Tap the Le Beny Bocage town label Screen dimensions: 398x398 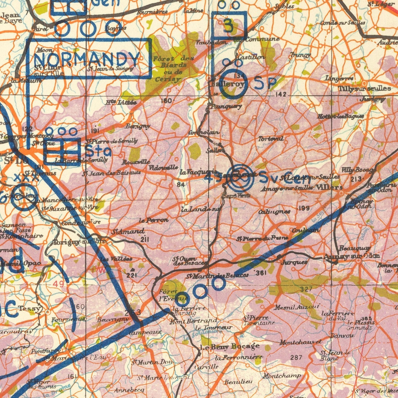click(x=230, y=346)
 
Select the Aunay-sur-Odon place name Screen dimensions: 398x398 click(x=351, y=256)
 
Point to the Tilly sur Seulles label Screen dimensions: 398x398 click(x=365, y=88)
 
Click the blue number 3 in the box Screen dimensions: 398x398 click(x=228, y=26)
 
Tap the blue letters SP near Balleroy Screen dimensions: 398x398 click(x=265, y=83)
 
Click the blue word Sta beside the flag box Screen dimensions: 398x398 click(x=98, y=151)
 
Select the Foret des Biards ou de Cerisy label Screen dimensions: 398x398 click(x=170, y=68)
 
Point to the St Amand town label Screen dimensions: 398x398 click(x=128, y=231)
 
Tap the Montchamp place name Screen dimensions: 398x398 click(x=282, y=376)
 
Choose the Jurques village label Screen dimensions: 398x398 click(x=294, y=262)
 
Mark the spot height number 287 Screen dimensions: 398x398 click(x=296, y=357)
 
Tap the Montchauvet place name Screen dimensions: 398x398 click(x=300, y=342)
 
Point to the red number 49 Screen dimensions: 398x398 click(x=58, y=284)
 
